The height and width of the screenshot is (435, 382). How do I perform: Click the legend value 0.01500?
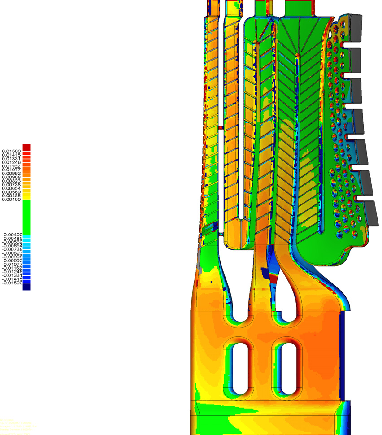pos(11,151)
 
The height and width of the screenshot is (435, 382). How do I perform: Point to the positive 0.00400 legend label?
pos(11,200)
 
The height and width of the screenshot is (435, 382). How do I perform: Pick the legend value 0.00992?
pos(11,174)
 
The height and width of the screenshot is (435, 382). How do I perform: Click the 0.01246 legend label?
pos(11,162)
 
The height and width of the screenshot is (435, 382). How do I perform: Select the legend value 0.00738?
pos(11,185)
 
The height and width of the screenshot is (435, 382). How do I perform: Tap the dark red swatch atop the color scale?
pos(27,147)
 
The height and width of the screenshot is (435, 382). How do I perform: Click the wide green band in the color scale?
pos(27,217)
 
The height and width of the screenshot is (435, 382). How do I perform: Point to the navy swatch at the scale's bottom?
pos(27,287)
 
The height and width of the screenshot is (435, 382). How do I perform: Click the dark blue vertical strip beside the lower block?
pos(343,354)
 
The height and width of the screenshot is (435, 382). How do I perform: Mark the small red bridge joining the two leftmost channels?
pos(221,128)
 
